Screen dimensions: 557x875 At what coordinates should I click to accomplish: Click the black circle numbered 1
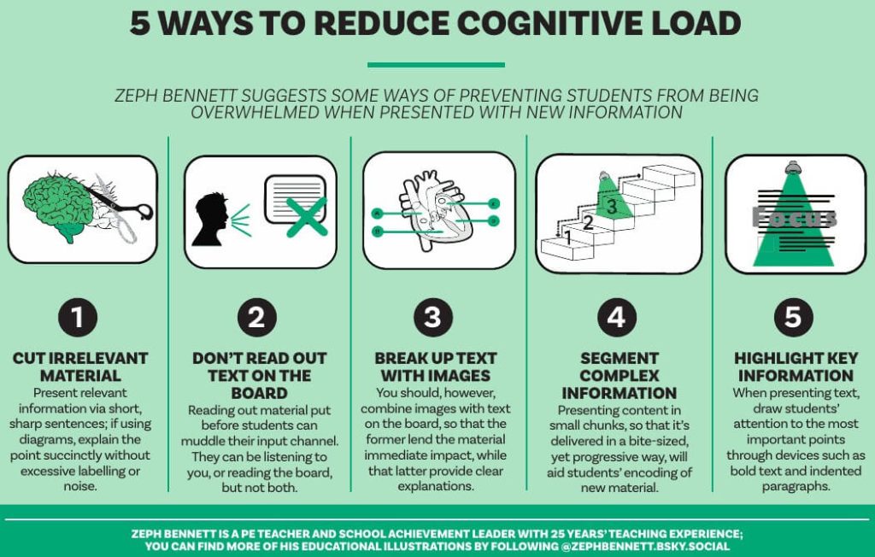78,318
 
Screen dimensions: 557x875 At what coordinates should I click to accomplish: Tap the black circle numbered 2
256,318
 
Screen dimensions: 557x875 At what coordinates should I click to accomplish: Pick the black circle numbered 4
616,318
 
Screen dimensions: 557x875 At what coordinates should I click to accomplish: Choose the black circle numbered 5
793,318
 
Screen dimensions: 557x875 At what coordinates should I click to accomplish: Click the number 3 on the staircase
611,206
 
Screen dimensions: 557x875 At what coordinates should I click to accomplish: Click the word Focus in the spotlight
794,218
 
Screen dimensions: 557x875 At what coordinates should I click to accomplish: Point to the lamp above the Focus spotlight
795,164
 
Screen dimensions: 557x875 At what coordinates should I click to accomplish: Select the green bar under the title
436,64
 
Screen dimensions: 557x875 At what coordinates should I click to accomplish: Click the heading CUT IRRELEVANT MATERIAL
80,366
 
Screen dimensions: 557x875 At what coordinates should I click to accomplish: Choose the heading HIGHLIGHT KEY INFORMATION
796,366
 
